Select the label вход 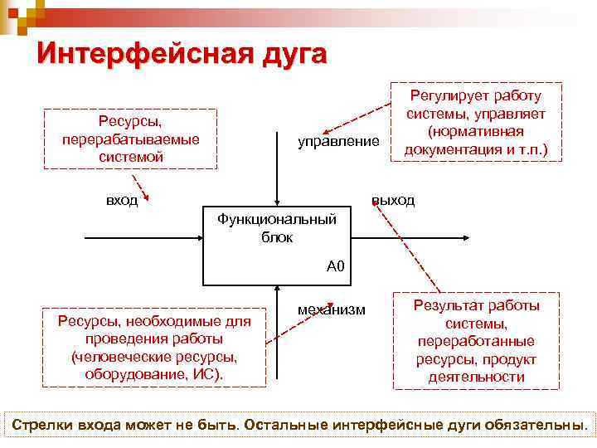tap(122, 201)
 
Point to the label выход tap(393, 201)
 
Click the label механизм tap(331, 309)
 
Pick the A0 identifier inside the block tap(335, 266)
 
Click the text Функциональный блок tap(277, 227)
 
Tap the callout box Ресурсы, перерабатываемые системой tap(130, 139)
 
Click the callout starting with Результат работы tap(476, 340)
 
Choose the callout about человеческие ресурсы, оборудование tap(153, 348)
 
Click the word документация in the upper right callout tap(446, 150)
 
